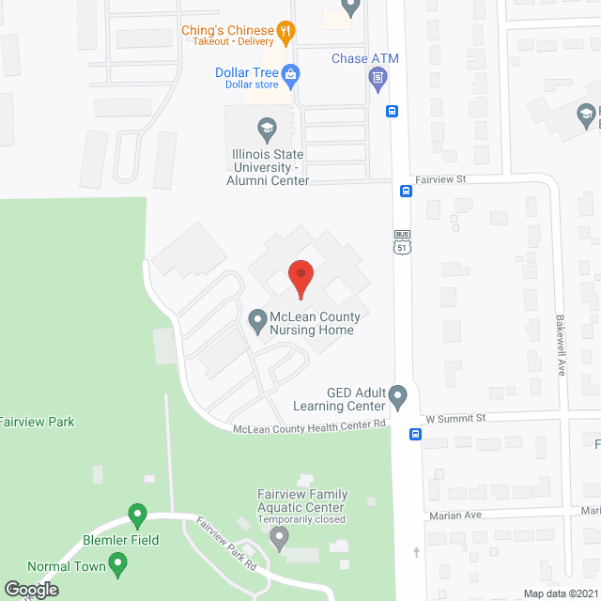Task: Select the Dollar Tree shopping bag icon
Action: click(291, 72)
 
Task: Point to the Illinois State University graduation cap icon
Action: click(266, 125)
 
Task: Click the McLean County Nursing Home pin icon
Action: click(257, 322)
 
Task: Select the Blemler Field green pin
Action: click(137, 516)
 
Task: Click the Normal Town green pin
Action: click(117, 563)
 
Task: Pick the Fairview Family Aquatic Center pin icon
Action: click(278, 537)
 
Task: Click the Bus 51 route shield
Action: click(402, 242)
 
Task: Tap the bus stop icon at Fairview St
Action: click(406, 191)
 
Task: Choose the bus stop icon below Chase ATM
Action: click(392, 110)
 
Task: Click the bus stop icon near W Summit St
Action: click(415, 434)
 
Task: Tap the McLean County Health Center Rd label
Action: click(310, 424)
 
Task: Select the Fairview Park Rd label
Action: click(226, 544)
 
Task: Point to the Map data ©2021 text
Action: click(560, 593)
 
